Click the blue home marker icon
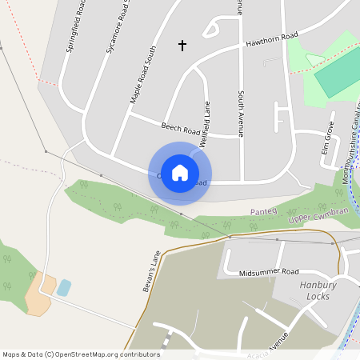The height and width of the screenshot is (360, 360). pyautogui.click(x=180, y=173)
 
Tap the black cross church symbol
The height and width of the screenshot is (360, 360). pyautogui.click(x=182, y=46)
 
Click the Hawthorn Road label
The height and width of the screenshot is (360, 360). pyautogui.click(x=272, y=38)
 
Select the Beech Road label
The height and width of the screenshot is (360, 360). pyautogui.click(x=180, y=128)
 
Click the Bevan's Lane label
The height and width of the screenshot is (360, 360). pyautogui.click(x=150, y=270)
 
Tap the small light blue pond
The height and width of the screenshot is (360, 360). pyautogui.click(x=64, y=287)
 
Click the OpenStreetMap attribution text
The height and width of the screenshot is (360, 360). pyautogui.click(x=81, y=354)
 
